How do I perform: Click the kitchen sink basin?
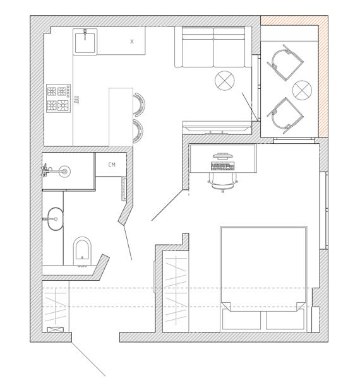coord(85,42)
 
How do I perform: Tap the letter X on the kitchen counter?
coord(132,42)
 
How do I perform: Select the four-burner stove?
coord(59,98)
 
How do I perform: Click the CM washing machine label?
coord(112,165)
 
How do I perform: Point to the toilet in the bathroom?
coord(83,251)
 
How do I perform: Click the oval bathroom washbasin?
coord(55,219)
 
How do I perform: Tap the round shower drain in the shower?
coord(64,171)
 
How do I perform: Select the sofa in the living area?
coord(213,47)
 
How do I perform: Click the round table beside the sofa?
coord(225,81)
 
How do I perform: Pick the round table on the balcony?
coord(302,90)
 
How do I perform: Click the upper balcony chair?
coord(285,62)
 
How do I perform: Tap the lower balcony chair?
coord(285,116)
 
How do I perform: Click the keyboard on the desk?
coord(222,167)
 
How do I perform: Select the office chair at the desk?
coord(223,182)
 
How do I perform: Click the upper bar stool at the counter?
coord(139,104)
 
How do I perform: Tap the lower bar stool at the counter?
coord(138,131)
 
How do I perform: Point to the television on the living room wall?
coord(216,129)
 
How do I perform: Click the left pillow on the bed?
coord(241,320)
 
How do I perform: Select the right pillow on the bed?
coord(285,320)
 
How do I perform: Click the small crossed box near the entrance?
coord(55,330)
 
